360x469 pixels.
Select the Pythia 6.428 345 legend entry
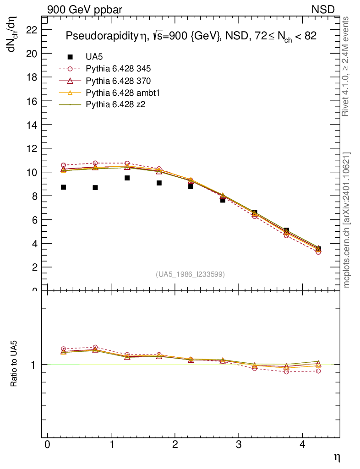click(x=118, y=69)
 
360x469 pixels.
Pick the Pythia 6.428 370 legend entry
click(x=118, y=81)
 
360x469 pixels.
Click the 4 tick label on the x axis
click(x=302, y=445)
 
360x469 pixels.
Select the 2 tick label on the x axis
click(x=175, y=445)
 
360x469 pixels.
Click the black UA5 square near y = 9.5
click(x=127, y=178)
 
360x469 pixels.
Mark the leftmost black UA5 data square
click(x=63, y=187)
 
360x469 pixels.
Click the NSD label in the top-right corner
click(x=323, y=9)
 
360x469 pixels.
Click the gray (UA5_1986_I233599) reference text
click(x=191, y=274)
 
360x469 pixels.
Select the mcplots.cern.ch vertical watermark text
click(x=347, y=220)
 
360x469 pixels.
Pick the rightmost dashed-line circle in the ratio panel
click(x=318, y=371)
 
